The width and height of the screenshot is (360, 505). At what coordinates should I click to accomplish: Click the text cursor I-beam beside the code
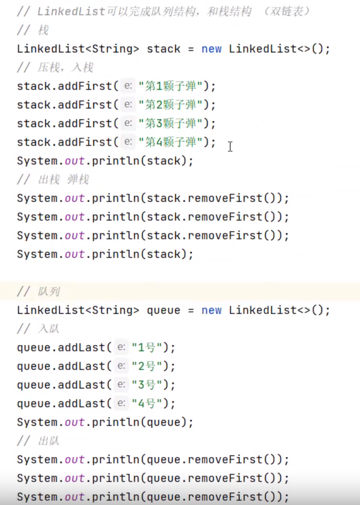(230, 147)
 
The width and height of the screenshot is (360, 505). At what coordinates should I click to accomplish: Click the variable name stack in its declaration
(164, 49)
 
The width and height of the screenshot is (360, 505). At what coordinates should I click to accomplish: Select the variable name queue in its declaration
(164, 310)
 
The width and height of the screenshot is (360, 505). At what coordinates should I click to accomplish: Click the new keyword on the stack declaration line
(211, 49)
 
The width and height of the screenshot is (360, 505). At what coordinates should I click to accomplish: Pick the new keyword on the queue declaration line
(211, 310)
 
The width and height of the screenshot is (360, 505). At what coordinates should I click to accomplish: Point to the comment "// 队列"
(39, 292)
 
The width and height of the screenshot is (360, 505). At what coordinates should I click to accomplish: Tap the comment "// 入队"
(39, 329)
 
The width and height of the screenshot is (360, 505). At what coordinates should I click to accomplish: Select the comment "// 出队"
(39, 441)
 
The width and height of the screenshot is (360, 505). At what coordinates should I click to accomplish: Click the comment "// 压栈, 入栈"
(55, 68)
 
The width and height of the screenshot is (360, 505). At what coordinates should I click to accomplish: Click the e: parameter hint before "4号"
(121, 403)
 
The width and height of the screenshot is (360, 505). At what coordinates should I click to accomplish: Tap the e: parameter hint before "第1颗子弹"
(128, 86)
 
